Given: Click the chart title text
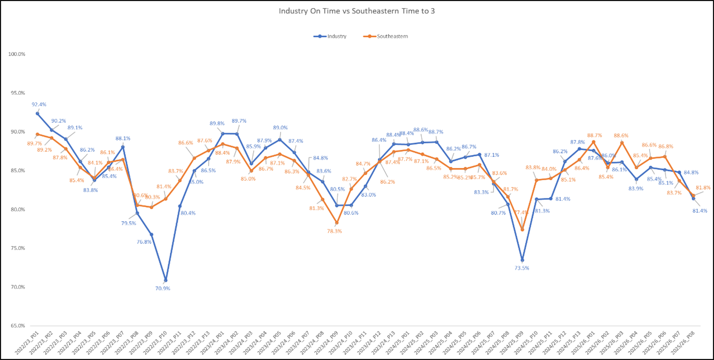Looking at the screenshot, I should click(x=357, y=10).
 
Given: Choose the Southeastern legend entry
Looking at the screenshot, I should click(x=388, y=36).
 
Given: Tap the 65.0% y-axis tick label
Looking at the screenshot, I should click(x=18, y=326).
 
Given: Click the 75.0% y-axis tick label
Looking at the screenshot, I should click(x=18, y=248).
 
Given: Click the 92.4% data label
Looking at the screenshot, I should click(x=39, y=104).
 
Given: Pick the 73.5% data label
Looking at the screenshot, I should click(x=522, y=269).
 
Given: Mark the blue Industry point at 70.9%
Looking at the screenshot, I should click(x=165, y=280).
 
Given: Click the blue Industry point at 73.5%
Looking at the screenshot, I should click(x=522, y=260).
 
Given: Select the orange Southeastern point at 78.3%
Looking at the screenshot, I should click(x=337, y=223).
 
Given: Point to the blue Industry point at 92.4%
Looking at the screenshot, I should click(x=37, y=113).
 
